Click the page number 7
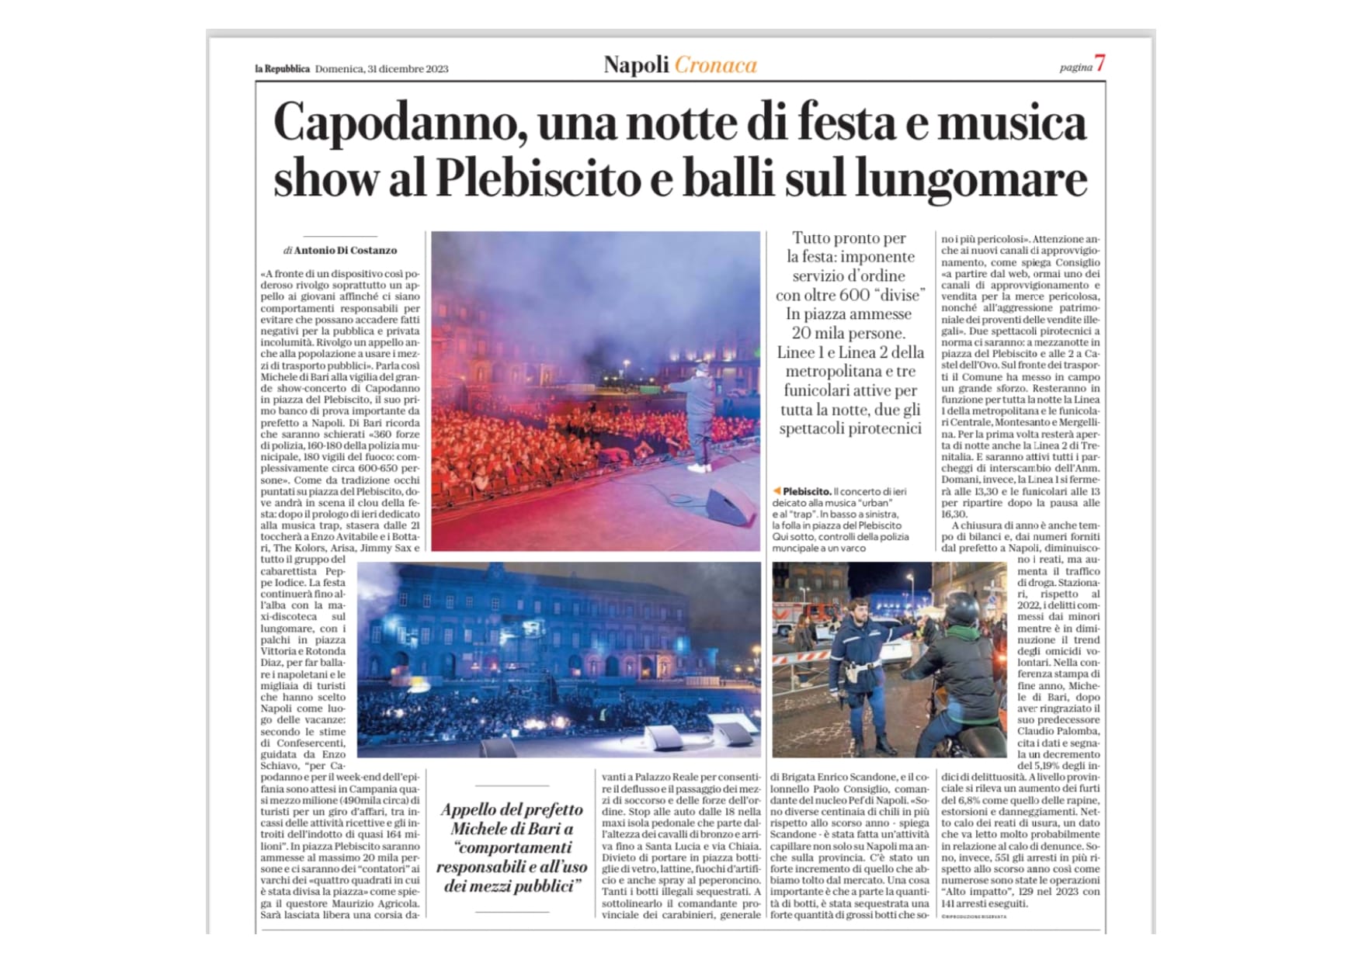pos(1100,64)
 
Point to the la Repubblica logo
pos(283,68)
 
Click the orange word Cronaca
pos(715,65)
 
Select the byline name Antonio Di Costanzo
pos(346,251)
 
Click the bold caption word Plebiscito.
pos(807,492)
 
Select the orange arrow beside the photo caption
pos(777,491)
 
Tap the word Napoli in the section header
pos(636,65)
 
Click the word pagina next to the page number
pos(1075,68)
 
